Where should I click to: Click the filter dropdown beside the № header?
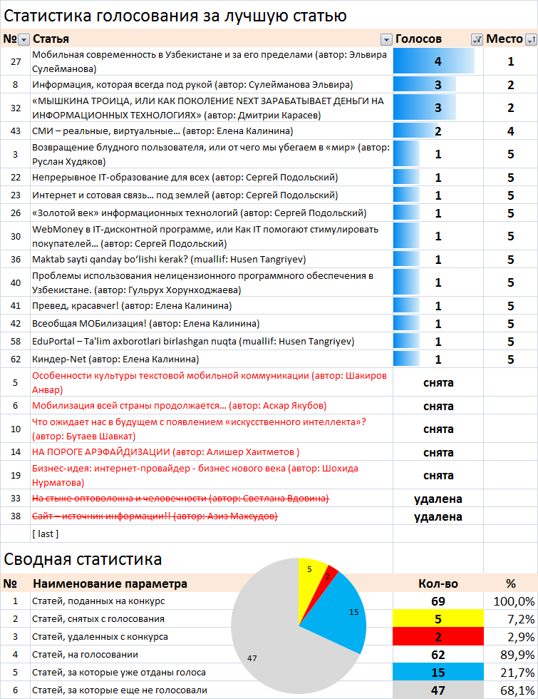24,39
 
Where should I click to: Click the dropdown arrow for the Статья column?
386,39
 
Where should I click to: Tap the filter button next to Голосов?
477,39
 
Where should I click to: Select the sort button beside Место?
531,39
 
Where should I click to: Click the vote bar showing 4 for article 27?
434,61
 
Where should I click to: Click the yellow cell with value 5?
438,619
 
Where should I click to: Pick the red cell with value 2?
438,636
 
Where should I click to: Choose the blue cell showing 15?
438,672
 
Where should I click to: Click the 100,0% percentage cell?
514,601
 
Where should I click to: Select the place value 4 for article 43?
510,131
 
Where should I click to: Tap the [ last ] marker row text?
45,534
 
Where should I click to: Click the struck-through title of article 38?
155,516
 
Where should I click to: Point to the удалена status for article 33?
438,499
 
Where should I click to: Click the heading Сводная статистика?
83,559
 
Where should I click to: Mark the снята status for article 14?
438,452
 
